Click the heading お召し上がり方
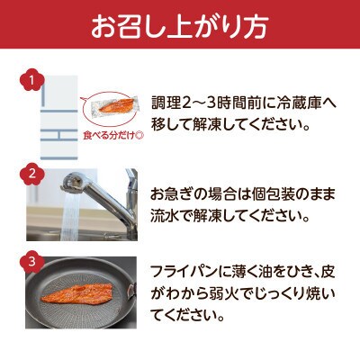pos(180,28)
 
